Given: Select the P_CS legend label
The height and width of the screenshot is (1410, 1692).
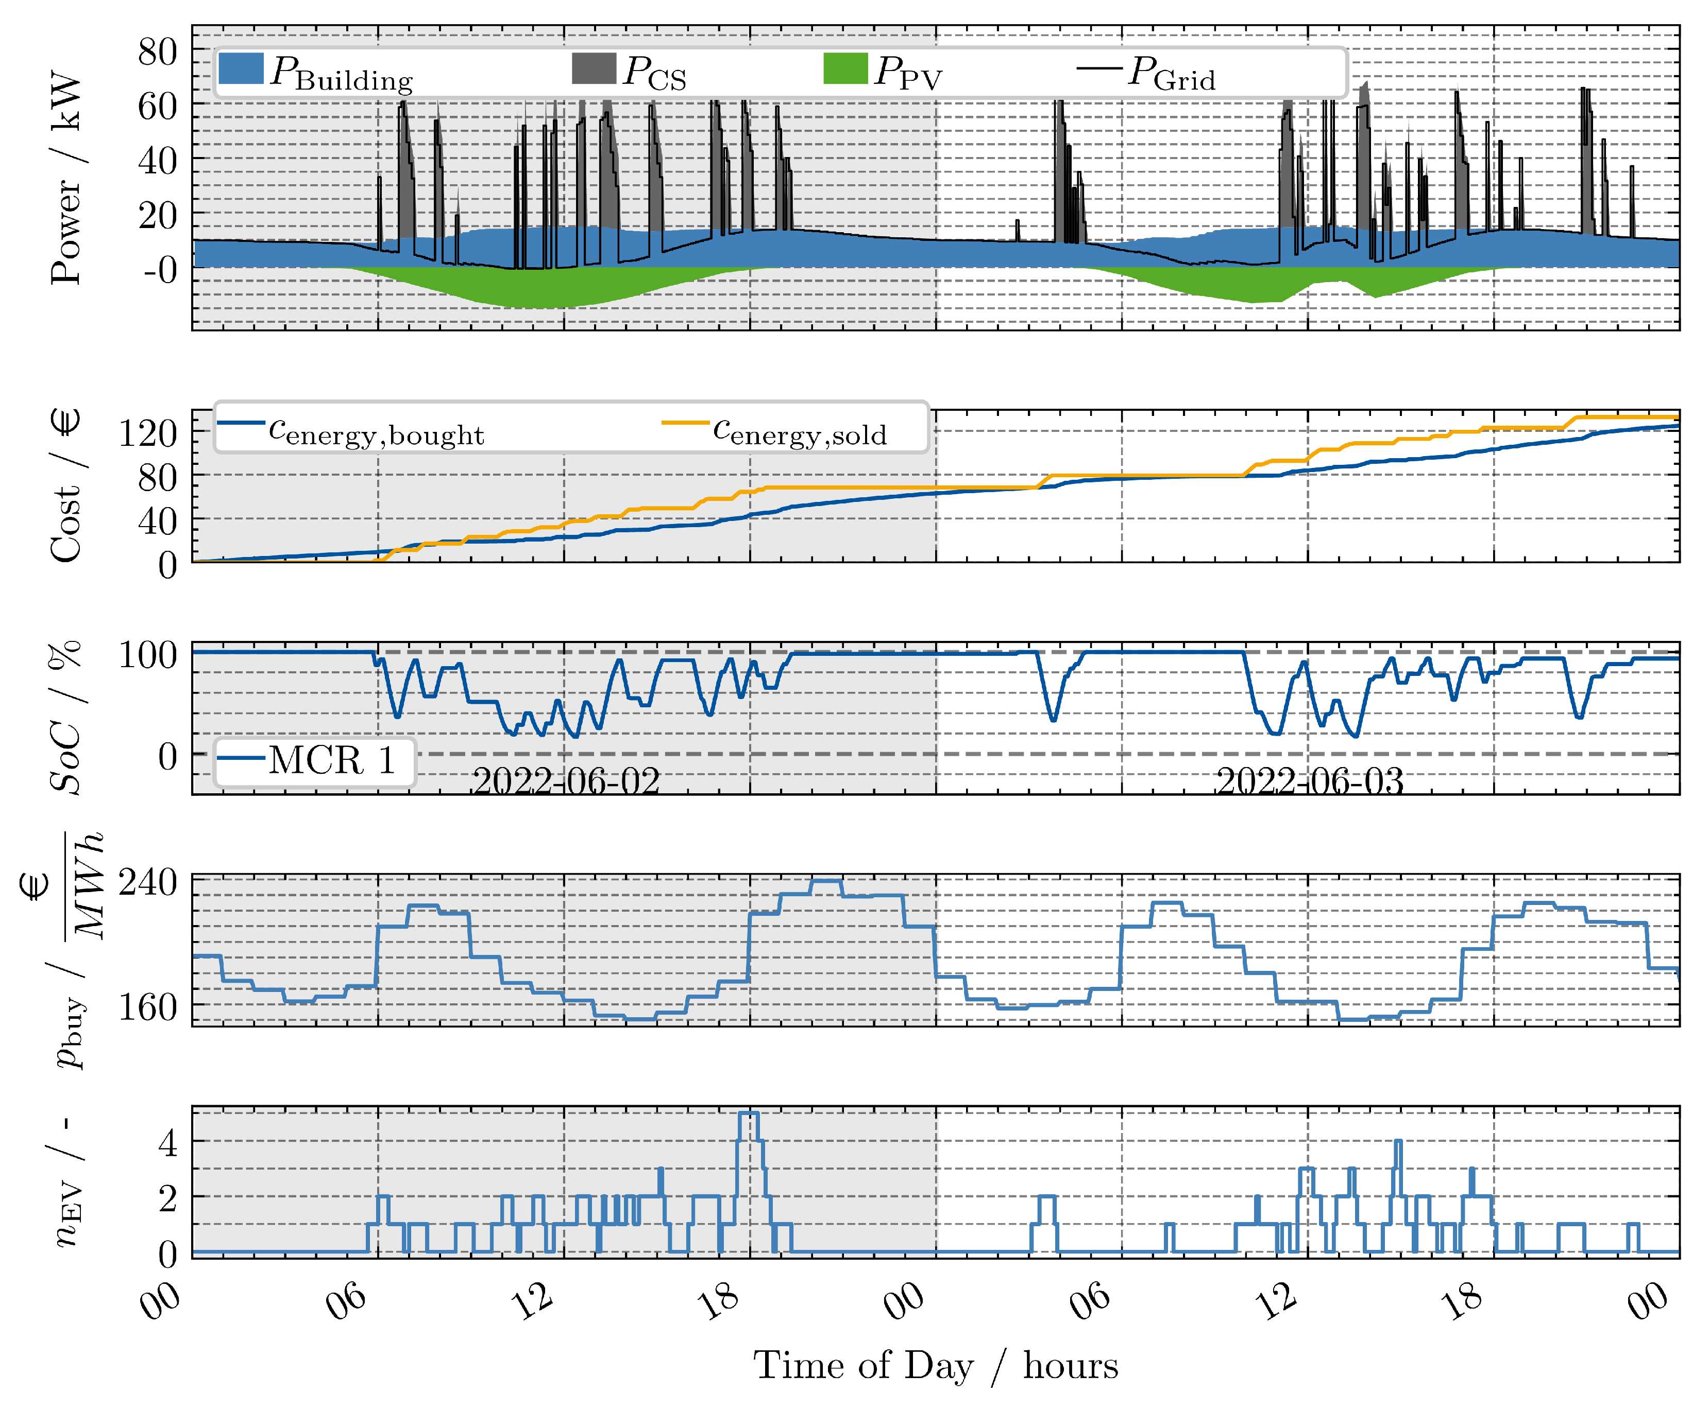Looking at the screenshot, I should [654, 73].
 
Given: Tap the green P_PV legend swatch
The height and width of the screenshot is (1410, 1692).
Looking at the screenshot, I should [845, 68].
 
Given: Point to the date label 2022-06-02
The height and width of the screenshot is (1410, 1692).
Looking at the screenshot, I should [566, 780].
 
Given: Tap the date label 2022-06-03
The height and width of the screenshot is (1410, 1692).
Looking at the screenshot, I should [1309, 780].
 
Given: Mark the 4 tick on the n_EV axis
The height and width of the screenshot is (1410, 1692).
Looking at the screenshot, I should [167, 1142].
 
